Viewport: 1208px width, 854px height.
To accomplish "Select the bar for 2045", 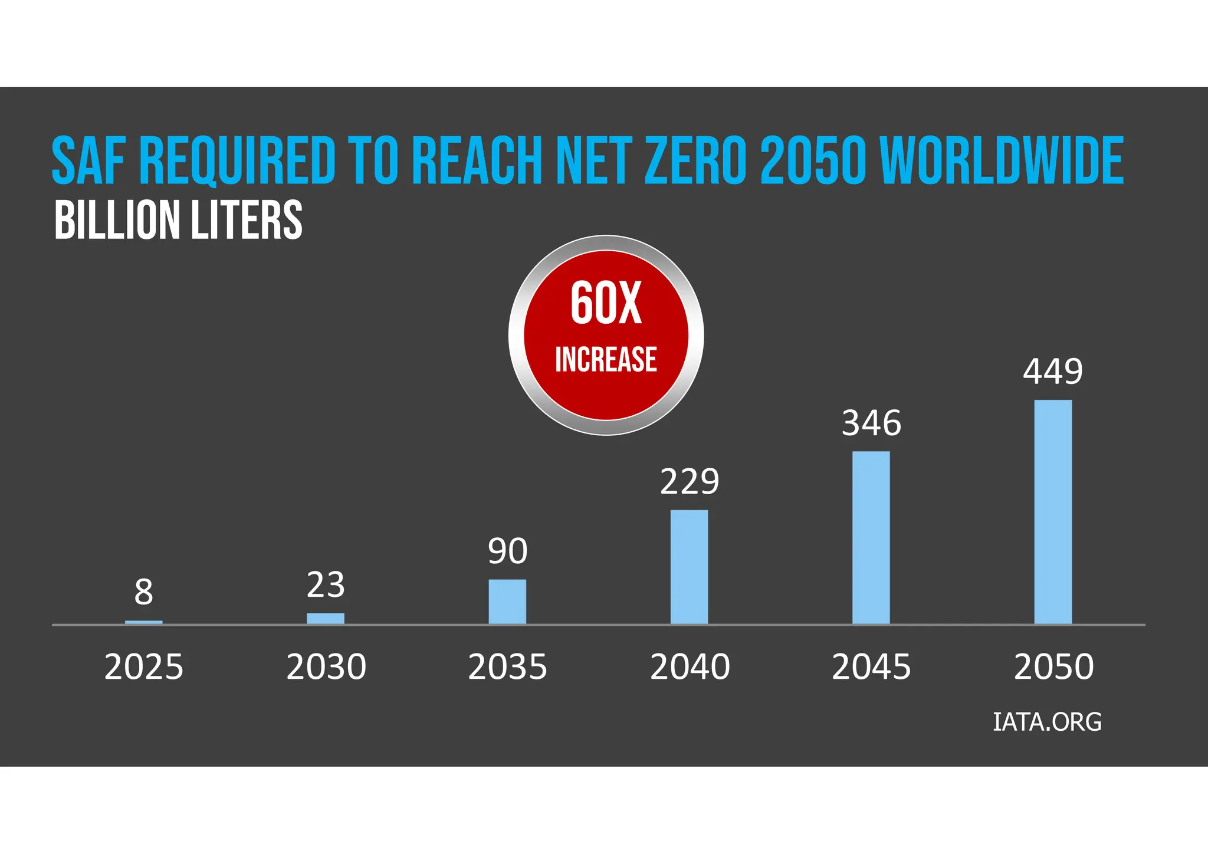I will pos(871,537).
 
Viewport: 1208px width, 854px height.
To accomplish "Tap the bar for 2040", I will pos(689,567).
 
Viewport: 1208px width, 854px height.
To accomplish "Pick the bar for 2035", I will pos(507,602).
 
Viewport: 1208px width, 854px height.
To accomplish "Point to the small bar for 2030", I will pos(326,618).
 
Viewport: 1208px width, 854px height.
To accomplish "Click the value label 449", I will pos(1053,372).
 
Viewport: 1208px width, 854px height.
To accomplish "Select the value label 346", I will pos(871,423).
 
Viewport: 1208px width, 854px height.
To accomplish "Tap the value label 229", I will pos(690,481).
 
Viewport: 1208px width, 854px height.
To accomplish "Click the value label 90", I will pos(507,551).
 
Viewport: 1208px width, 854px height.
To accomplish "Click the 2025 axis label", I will pos(144,667).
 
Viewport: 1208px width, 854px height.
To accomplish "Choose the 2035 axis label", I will pos(507,667).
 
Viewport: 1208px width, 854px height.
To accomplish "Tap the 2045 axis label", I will pos(871,667).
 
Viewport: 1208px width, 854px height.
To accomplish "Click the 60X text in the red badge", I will pos(606,303).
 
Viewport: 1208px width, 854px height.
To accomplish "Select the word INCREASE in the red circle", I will pos(606,359).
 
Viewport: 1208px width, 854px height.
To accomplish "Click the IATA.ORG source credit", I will pos(1047,722).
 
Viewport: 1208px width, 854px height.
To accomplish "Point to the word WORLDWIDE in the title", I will pos(1002,160).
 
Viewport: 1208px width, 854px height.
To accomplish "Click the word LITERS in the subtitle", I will pos(246,220).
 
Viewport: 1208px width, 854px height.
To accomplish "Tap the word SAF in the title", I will pos(88,160).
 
